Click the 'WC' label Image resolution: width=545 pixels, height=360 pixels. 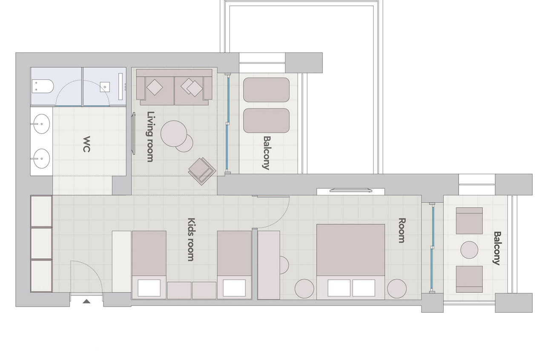click(86, 144)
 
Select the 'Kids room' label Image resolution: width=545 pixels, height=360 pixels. click(191, 239)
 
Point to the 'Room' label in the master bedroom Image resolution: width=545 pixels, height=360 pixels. click(402, 230)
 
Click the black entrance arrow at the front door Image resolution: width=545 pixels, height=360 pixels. click(86, 302)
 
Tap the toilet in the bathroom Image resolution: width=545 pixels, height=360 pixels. click(43, 86)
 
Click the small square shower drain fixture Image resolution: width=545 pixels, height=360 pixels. click(105, 87)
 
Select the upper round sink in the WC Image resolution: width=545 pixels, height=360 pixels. click(41, 124)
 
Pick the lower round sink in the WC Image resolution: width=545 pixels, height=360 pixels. click(41, 159)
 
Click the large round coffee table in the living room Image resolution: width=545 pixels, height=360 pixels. click(174, 134)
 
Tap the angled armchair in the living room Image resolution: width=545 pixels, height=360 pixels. click(202, 171)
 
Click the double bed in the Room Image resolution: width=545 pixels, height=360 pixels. click(350, 262)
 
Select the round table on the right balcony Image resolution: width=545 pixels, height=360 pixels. click(469, 250)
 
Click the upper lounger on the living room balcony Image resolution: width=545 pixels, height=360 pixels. click(267, 90)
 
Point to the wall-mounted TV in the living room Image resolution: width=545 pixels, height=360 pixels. click(133, 133)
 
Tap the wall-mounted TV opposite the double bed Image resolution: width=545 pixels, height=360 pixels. click(351, 190)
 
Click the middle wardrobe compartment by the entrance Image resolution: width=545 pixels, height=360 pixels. click(41, 243)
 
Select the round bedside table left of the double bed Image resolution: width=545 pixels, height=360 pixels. click(304, 289)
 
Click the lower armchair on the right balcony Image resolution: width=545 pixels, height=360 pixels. click(469, 279)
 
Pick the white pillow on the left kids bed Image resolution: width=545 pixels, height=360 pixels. click(149, 288)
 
